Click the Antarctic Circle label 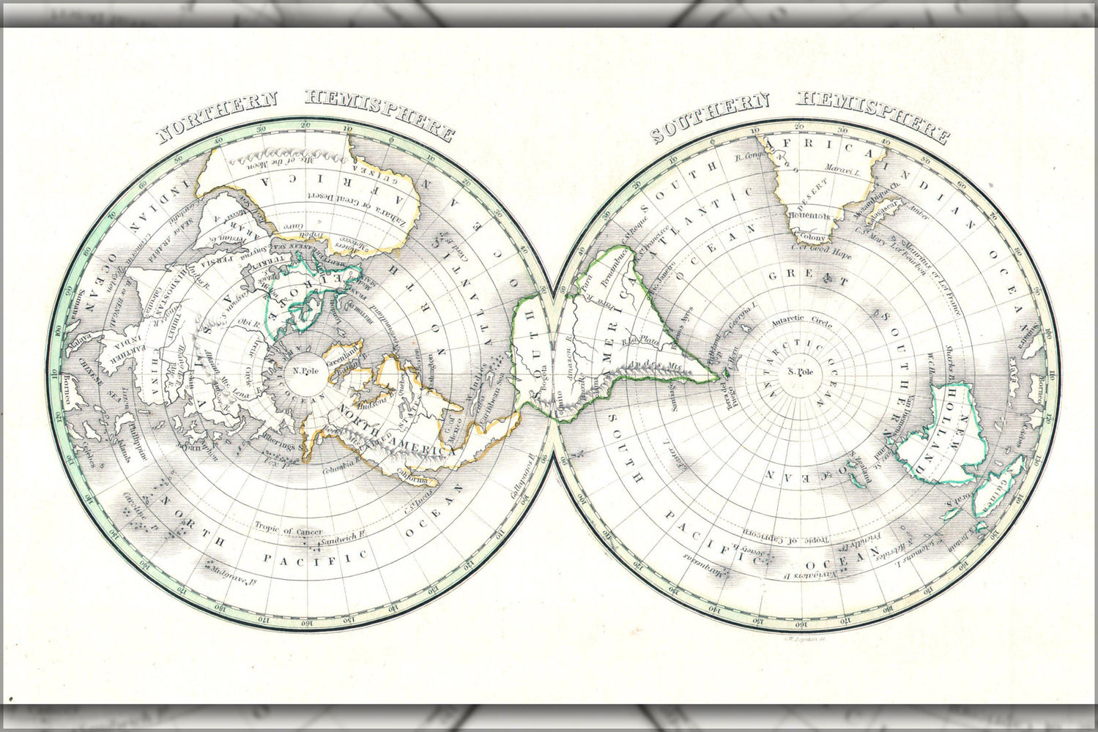(x=801, y=321)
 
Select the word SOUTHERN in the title (x=709, y=115)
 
